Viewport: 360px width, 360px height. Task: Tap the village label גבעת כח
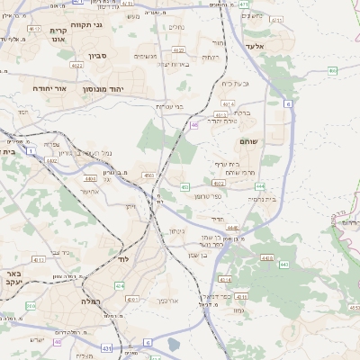(x=233, y=83)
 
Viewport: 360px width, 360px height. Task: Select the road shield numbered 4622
(x=76, y=66)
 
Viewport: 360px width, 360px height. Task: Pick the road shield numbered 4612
(x=35, y=30)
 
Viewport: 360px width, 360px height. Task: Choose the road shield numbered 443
(x=284, y=265)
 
